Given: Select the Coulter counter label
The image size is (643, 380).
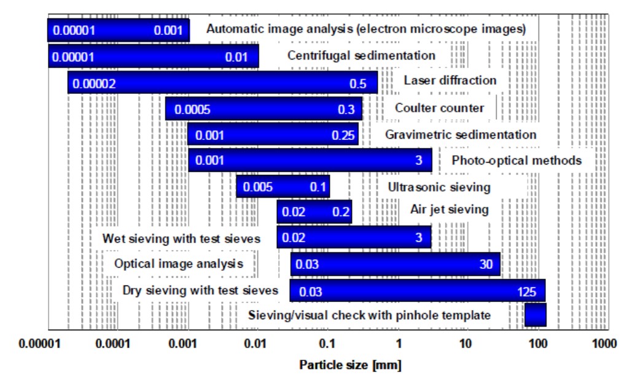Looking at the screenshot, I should pyautogui.click(x=439, y=108).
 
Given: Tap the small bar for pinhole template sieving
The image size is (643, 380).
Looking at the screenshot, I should pyautogui.click(x=536, y=316).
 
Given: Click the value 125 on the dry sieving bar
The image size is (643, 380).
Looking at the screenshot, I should pyautogui.click(x=527, y=292).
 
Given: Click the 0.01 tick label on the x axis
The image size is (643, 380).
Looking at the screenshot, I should pyautogui.click(x=255, y=344).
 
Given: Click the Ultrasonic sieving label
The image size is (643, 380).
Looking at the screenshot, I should pyautogui.click(x=439, y=187).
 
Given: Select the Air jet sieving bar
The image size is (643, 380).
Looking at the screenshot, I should pyautogui.click(x=314, y=212).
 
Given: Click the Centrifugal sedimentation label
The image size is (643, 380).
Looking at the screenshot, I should pyautogui.click(x=362, y=55).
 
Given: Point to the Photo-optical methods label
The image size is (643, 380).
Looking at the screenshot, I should pyautogui.click(x=516, y=160).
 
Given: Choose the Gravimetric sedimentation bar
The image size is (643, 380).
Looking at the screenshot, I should pyautogui.click(x=273, y=135).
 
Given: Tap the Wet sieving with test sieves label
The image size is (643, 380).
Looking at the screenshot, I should pyautogui.click(x=181, y=238).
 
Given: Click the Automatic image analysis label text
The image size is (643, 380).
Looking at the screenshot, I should pyautogui.click(x=366, y=29).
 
